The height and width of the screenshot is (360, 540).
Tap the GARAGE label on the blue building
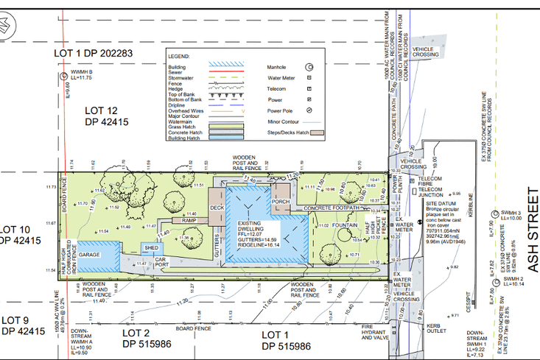[89, 254]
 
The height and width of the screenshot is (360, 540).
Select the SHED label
[151, 248]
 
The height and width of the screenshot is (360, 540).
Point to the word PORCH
[280, 201]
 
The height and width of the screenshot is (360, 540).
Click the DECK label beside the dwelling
[217, 208]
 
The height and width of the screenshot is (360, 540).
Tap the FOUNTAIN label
[345, 225]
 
